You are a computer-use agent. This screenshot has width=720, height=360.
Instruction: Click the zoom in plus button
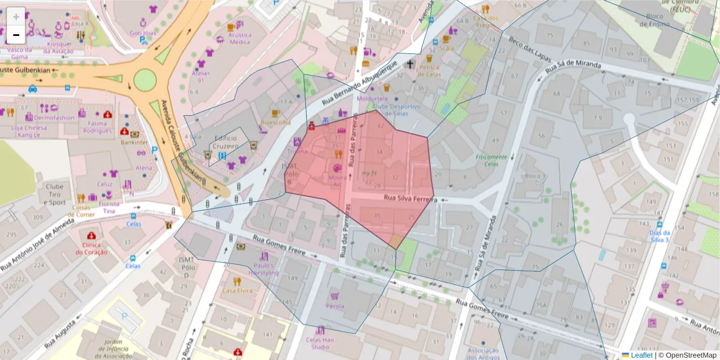tap(16, 16)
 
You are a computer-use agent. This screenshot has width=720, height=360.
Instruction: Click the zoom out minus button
tap(16, 35)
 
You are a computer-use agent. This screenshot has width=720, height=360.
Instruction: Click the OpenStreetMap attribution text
tap(688, 355)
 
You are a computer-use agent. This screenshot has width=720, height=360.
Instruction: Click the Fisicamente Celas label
tap(491, 160)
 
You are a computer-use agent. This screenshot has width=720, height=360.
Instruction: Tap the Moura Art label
tap(337, 181)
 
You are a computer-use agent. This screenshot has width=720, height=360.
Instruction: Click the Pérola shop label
tap(335, 306)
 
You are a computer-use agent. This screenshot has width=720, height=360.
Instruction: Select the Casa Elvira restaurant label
tap(236, 290)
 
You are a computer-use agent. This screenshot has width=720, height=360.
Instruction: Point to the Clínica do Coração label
tap(91, 248)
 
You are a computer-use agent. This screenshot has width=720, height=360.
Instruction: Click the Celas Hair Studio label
tap(321, 343)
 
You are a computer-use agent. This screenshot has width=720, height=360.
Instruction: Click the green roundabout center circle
tap(145, 79)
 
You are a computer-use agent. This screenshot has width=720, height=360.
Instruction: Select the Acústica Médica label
tap(240, 38)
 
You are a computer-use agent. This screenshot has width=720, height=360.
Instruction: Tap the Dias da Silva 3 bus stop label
tap(659, 236)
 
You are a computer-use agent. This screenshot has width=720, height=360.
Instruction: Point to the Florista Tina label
tap(109, 207)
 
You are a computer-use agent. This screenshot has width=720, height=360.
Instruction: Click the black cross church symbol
tap(410, 63)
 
